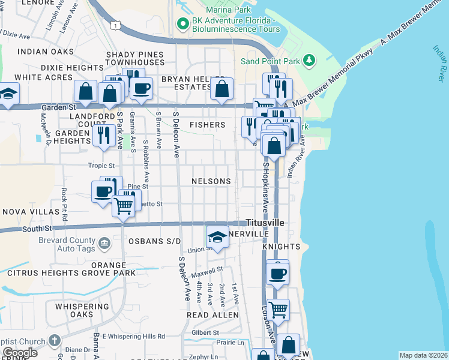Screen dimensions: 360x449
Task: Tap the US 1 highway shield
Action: coord(116,25)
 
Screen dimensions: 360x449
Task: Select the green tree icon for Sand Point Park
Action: coord(309,60)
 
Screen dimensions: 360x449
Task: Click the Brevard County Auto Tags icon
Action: coord(104,243)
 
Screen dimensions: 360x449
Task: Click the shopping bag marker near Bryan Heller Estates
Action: coord(222,89)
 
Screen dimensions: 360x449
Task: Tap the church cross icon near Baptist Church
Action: coord(54,341)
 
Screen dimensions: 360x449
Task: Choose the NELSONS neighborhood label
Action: coord(211,181)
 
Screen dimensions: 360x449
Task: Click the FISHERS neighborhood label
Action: coord(207,125)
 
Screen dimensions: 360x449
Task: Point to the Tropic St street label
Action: coord(101,166)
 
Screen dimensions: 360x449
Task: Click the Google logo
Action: coord(20,352)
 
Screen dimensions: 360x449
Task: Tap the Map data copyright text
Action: coord(423,355)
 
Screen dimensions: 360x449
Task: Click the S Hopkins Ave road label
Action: coord(264,187)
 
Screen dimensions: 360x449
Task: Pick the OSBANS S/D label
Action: coord(154,241)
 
